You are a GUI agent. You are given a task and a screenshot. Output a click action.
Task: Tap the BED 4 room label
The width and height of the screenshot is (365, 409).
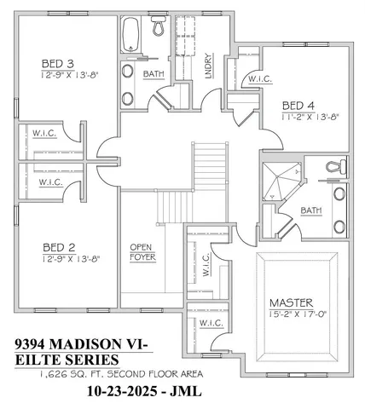tap(298, 105)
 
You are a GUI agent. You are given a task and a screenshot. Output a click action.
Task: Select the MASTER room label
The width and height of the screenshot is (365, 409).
tap(292, 302)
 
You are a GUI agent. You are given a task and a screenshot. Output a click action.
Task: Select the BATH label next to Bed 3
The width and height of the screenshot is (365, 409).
tap(154, 74)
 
